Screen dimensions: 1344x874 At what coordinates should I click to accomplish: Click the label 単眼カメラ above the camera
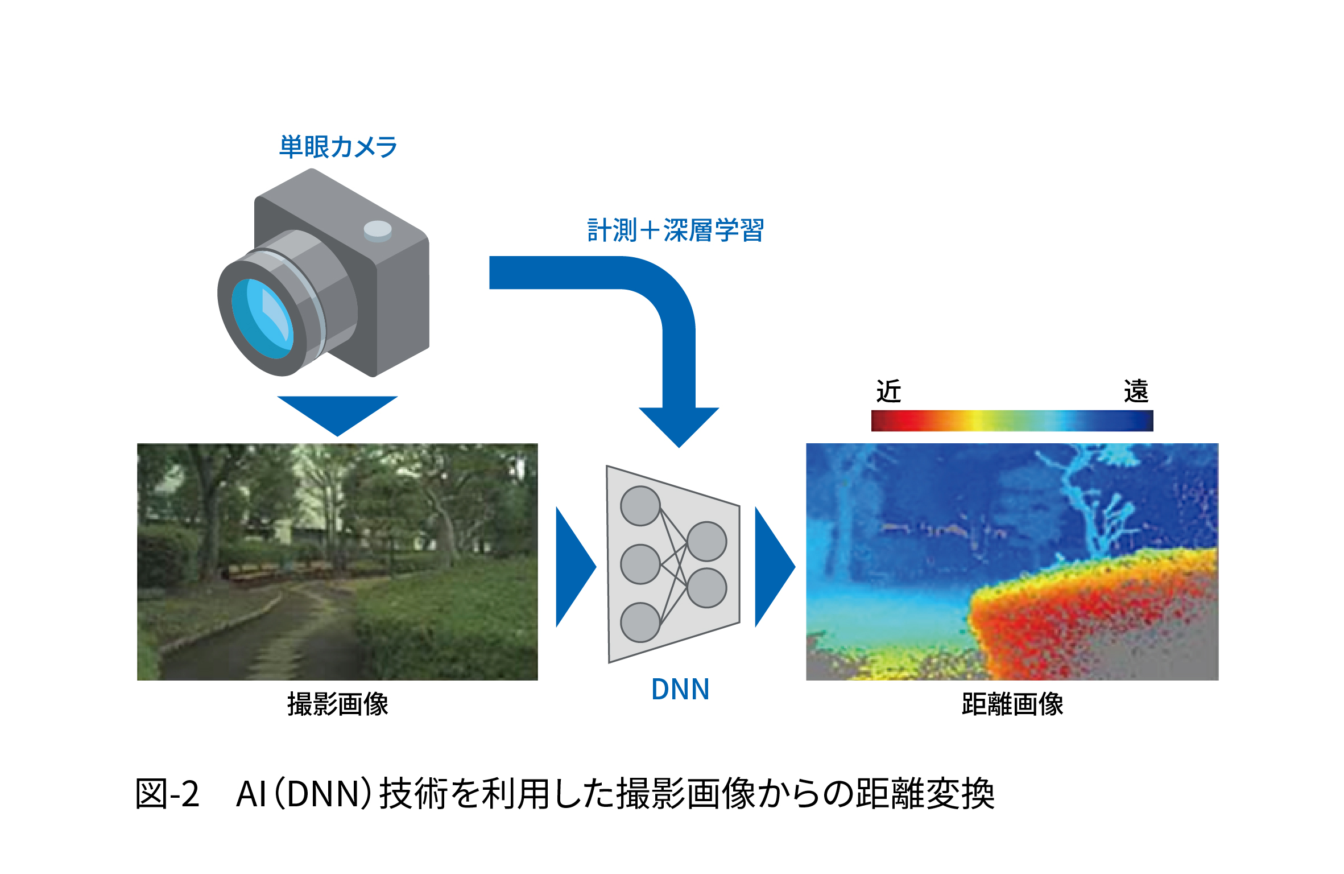[338, 147]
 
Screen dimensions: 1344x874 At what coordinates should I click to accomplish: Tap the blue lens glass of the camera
[262, 319]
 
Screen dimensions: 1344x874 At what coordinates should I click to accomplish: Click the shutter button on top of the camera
[378, 231]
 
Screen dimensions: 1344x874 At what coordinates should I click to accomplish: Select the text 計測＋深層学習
[676, 230]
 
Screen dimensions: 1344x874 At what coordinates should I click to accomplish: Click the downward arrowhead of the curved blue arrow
[679, 427]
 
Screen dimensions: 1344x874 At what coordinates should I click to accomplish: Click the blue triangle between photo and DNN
[576, 567]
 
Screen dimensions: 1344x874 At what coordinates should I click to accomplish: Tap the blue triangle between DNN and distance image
[775, 567]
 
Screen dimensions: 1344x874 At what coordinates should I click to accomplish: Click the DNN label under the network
[680, 689]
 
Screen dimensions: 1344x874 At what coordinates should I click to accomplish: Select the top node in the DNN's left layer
[640, 506]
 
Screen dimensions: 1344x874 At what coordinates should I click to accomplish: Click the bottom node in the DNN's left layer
[640, 622]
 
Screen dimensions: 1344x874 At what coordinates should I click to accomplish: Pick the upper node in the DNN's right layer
[707, 541]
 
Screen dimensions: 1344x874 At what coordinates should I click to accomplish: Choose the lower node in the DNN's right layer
[707, 588]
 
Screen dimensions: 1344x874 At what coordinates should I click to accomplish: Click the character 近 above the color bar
[888, 391]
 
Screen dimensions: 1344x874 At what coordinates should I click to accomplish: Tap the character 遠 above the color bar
[1136, 391]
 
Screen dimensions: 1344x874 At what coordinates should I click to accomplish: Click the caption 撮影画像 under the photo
[338, 704]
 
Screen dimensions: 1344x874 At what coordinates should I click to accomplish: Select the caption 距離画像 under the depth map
[1012, 704]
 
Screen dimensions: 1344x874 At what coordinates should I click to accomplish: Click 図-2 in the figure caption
[167, 794]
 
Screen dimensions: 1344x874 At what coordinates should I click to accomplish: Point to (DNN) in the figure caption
[323, 794]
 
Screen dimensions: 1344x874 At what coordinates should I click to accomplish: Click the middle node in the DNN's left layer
[640, 564]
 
